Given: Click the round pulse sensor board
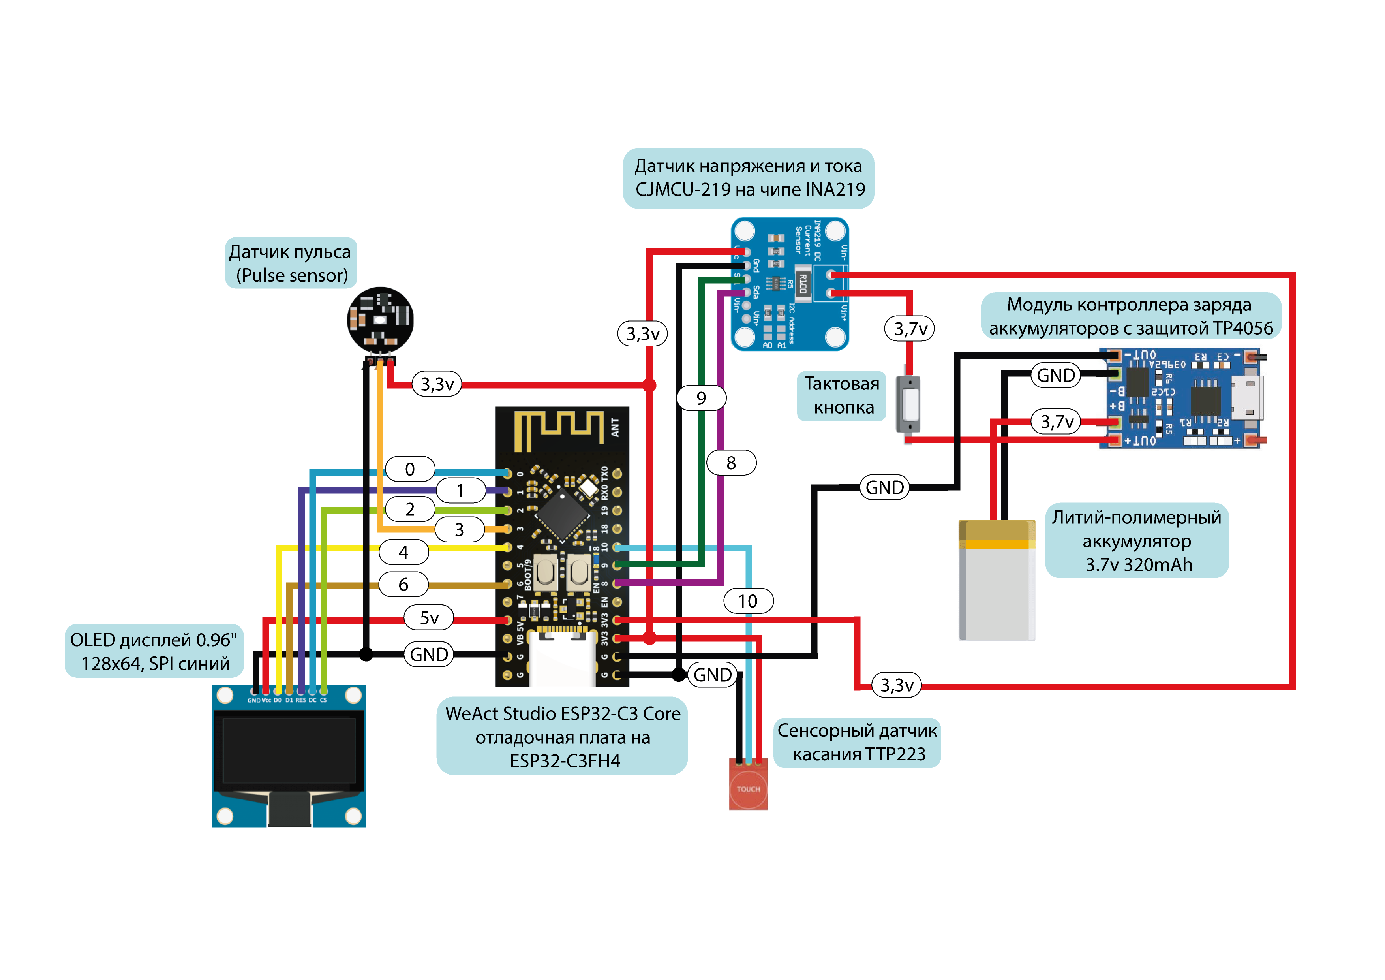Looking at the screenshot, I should click(380, 319).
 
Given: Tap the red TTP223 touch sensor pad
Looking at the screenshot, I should click(748, 788).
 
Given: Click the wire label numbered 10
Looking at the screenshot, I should click(748, 601).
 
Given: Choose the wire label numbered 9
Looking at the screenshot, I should click(701, 398).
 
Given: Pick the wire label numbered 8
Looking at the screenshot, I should click(731, 463).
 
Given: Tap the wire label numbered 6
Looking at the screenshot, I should click(403, 584).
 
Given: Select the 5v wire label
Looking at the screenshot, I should click(429, 618).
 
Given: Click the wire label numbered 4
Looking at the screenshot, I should click(403, 551).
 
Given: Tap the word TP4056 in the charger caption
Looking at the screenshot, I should click(1242, 328).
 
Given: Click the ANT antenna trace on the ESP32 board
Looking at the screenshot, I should click(558, 430).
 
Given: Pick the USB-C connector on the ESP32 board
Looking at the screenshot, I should click(561, 658).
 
